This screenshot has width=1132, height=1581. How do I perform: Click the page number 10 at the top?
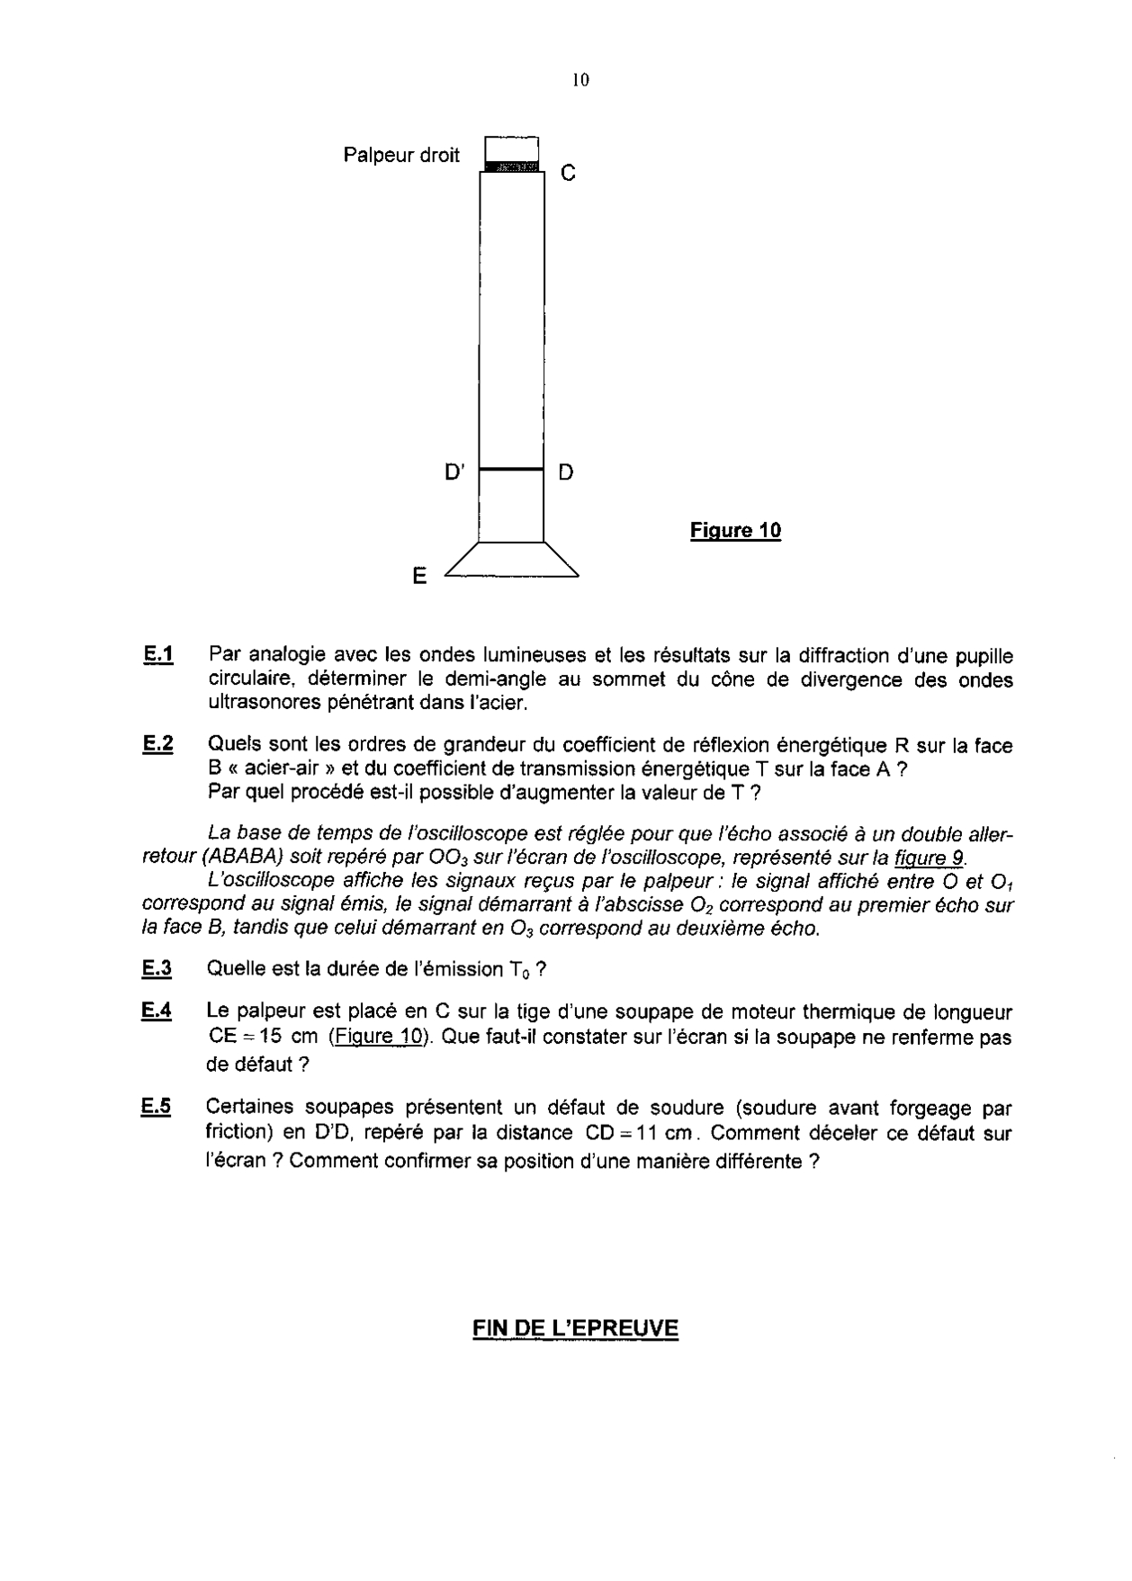pyautogui.click(x=579, y=81)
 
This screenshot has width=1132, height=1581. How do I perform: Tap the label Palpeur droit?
pyautogui.click(x=401, y=155)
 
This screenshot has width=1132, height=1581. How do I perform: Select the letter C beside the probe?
pyautogui.click(x=567, y=173)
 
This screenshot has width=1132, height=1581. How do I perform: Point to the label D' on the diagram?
pyautogui.click(x=455, y=472)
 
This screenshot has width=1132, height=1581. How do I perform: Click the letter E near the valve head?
pyautogui.click(x=419, y=576)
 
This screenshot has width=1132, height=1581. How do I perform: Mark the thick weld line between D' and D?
pyautogui.click(x=511, y=469)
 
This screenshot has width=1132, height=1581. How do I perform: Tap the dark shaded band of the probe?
pyautogui.click(x=511, y=166)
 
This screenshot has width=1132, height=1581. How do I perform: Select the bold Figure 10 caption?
pyautogui.click(x=735, y=531)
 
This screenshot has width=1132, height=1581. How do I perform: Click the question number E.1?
pyautogui.click(x=157, y=654)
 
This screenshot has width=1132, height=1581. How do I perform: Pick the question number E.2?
pyautogui.click(x=157, y=745)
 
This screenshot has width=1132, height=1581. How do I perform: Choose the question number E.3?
pyautogui.click(x=157, y=968)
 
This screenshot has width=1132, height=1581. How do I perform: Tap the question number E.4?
pyautogui.click(x=157, y=1011)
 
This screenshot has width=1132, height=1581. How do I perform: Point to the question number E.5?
pyautogui.click(x=157, y=1108)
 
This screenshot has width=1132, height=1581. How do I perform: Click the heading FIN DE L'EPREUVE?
pyautogui.click(x=575, y=1329)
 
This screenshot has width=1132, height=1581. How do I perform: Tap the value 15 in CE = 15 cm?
pyautogui.click(x=271, y=1037)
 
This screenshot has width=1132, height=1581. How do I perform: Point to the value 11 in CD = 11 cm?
pyautogui.click(x=647, y=1133)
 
